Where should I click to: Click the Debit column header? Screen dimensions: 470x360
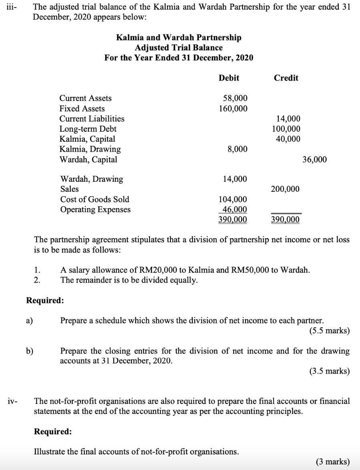(x=229, y=78)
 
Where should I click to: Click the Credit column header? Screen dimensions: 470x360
(x=286, y=78)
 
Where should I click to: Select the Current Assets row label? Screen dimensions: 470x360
(x=86, y=98)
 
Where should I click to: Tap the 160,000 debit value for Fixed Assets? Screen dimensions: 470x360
(x=233, y=109)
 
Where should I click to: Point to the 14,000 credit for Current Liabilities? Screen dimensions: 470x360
(x=288, y=119)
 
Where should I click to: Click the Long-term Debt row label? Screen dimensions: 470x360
(x=88, y=129)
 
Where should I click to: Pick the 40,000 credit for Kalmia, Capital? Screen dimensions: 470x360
(x=288, y=139)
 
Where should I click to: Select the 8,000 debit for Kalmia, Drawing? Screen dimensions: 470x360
(x=237, y=149)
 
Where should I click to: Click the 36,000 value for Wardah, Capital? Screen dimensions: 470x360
(x=314, y=160)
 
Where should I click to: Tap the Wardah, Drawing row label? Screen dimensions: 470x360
(x=92, y=179)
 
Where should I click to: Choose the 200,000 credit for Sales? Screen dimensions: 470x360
(x=285, y=189)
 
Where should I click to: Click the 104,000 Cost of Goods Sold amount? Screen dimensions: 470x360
(x=233, y=199)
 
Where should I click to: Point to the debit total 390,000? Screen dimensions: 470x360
(x=233, y=219)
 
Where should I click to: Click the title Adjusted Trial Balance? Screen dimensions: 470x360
(x=179, y=48)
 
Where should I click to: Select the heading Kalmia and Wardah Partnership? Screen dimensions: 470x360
(x=179, y=38)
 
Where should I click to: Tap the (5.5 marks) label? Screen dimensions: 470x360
(x=329, y=331)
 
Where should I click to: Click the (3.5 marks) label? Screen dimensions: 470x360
(x=329, y=371)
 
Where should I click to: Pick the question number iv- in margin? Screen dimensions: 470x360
(x=12, y=401)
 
